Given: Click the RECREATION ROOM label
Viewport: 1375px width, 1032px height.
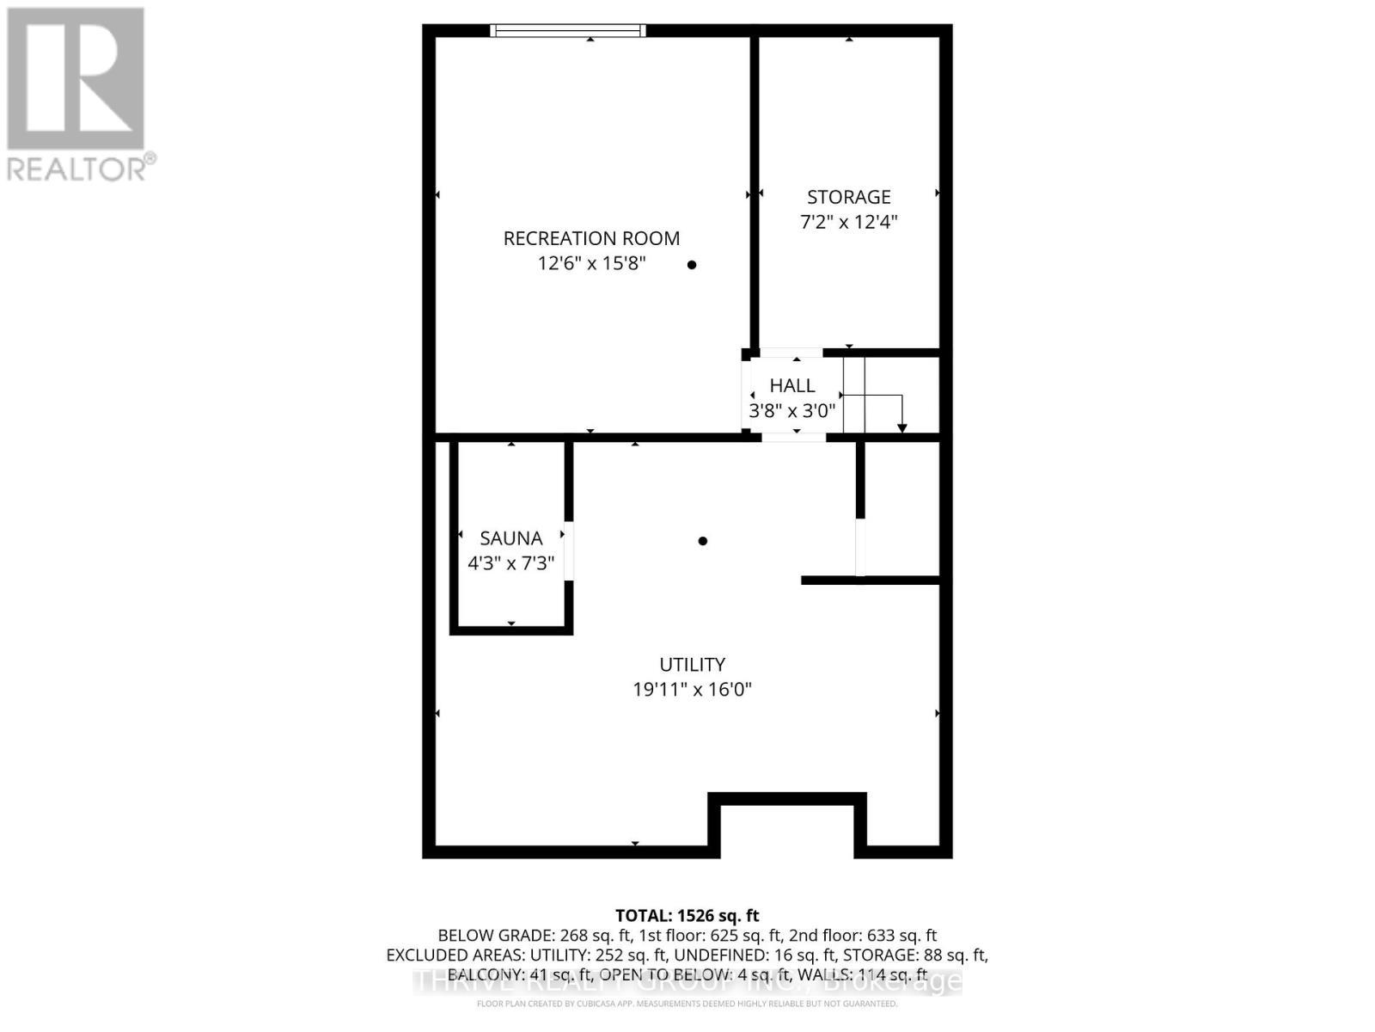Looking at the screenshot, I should [x=591, y=238].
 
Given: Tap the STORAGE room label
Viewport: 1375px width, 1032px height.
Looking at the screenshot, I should [x=848, y=197].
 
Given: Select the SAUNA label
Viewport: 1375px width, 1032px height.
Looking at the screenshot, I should [x=510, y=538].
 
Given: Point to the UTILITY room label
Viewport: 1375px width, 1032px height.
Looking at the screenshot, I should [x=692, y=664].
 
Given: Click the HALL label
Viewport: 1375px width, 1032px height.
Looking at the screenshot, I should [x=791, y=385].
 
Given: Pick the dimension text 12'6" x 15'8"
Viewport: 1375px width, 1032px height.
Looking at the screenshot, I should [x=591, y=263].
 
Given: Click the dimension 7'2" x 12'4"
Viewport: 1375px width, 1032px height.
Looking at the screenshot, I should [x=848, y=222].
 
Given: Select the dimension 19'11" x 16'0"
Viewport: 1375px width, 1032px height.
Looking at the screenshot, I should [x=692, y=689].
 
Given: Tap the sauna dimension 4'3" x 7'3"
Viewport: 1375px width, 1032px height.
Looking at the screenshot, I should [x=510, y=563].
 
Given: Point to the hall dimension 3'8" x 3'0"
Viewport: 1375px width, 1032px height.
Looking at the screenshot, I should [x=791, y=411].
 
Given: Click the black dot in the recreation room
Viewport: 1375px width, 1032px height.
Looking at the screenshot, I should [x=692, y=265].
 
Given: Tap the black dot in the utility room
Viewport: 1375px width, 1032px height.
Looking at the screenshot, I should [x=703, y=541].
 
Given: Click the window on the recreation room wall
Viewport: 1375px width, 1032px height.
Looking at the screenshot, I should [x=567, y=31].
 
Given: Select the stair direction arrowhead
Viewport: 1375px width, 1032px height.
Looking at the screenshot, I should [x=901, y=427].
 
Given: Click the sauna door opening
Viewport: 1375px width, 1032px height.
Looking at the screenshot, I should [x=568, y=550].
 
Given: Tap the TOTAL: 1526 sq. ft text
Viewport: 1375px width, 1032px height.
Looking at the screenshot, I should [x=687, y=915].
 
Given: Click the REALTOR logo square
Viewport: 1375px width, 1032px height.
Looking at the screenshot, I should [x=76, y=78].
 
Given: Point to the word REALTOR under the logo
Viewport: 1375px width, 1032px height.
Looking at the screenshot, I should [x=77, y=169].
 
